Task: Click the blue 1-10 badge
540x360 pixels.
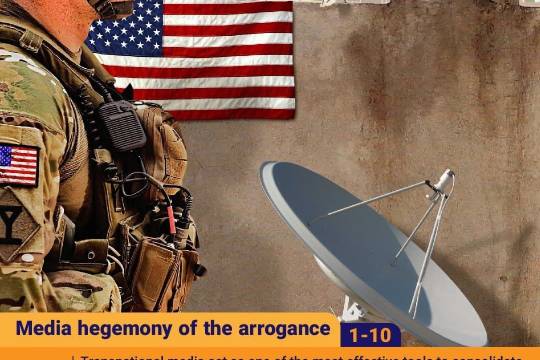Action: [x=370, y=335]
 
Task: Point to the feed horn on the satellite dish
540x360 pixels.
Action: [x=441, y=181]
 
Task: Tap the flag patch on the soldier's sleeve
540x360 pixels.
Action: [x=18, y=164]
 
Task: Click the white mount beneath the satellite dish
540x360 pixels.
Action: [x=352, y=309]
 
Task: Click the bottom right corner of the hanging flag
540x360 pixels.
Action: [x=292, y=116]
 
